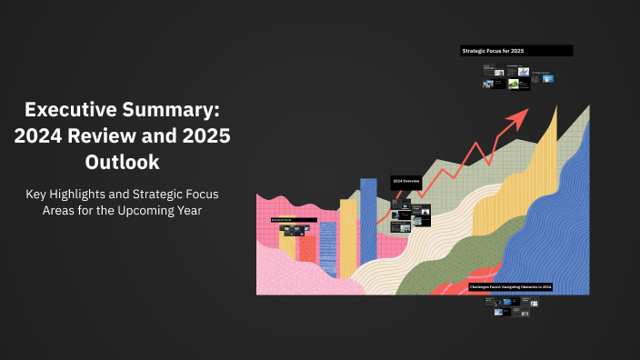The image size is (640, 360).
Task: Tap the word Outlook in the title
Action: pos(122,163)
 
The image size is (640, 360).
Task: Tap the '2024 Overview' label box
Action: pos(405,182)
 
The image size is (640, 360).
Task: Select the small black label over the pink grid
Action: pos(293,220)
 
